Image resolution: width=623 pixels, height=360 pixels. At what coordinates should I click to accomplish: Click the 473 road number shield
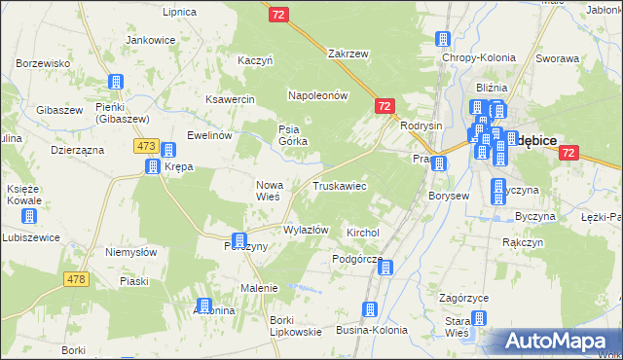pyautogui.click(x=146, y=145)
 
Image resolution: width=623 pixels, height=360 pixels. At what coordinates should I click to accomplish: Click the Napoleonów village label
pyautogui.click(x=317, y=95)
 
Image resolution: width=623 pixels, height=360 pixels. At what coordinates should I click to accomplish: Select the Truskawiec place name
pyautogui.click(x=339, y=185)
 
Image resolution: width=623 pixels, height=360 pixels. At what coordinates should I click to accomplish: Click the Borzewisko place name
pyautogui.click(x=43, y=62)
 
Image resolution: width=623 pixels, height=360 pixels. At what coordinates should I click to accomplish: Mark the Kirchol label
pyautogui.click(x=362, y=233)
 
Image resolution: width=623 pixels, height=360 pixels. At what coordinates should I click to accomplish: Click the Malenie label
pyautogui.click(x=260, y=288)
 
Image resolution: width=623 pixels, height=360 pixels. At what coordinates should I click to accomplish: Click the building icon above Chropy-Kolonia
pyautogui.click(x=444, y=40)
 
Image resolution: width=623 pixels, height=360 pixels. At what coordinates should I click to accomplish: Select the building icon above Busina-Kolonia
pyautogui.click(x=369, y=309)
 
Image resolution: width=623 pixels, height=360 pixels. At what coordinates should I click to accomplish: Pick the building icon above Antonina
pyautogui.click(x=203, y=306)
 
